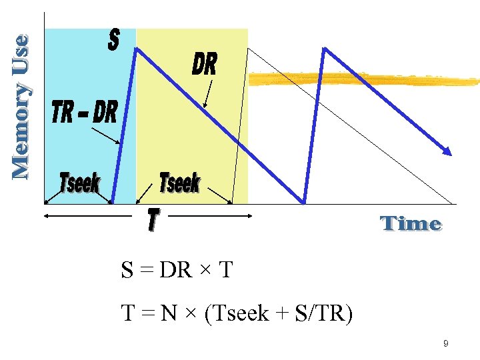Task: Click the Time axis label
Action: (x=411, y=223)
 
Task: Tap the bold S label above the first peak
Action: (x=113, y=40)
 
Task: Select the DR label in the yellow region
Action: (x=204, y=65)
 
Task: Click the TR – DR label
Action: (x=84, y=113)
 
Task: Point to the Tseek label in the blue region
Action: (x=79, y=182)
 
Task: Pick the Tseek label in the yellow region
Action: (x=180, y=181)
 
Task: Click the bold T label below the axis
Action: (x=153, y=221)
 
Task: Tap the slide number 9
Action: (x=445, y=344)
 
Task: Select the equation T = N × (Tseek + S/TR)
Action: (x=236, y=312)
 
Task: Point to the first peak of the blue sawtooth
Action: (x=137, y=47)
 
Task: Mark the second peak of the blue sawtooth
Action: (x=324, y=49)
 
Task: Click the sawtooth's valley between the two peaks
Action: (x=304, y=201)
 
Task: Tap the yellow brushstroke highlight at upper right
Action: (x=363, y=80)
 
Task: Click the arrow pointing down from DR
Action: (x=208, y=93)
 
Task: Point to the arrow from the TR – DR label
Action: (x=105, y=136)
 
